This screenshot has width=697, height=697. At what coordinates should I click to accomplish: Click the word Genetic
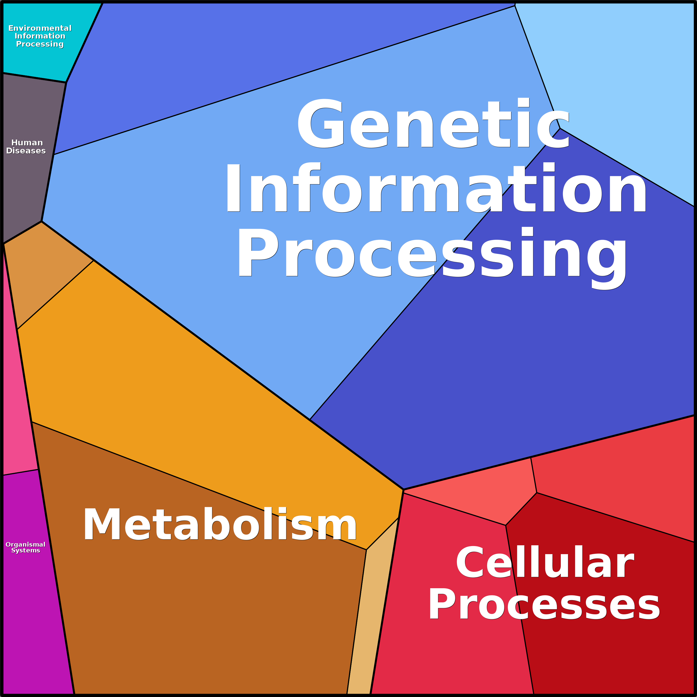433,123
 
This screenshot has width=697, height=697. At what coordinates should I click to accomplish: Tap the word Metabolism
220,525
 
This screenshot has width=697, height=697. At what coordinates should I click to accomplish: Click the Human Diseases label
26,147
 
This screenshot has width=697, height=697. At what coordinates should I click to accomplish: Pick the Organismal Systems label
25,547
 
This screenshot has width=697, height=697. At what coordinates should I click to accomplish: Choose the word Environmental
40,28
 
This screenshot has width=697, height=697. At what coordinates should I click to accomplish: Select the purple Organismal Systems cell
32,613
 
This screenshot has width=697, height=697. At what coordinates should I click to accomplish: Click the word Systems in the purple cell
26,550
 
